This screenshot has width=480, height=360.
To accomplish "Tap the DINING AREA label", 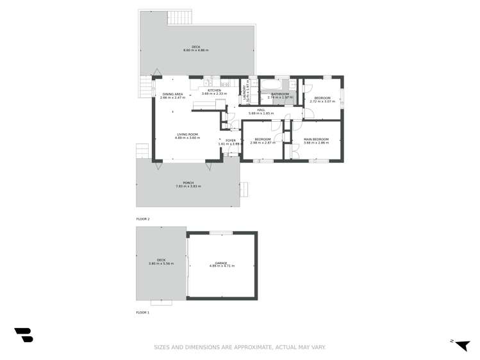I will point(173,95).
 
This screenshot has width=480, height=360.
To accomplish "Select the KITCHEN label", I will point(214,90).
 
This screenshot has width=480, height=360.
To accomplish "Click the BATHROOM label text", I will point(280,94).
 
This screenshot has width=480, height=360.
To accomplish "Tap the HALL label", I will point(261,110).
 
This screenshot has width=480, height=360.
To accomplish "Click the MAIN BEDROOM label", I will point(316,140).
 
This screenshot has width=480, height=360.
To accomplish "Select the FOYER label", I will point(231,140).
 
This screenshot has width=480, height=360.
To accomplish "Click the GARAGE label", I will point(222,263).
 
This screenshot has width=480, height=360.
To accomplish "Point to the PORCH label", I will point(188,183).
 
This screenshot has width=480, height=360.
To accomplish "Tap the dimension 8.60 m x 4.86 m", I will point(196,51).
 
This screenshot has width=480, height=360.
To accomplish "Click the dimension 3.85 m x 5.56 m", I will point(161,263).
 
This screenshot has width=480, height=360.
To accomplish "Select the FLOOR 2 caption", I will point(142,219).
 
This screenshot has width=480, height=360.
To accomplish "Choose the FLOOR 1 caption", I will point(142,312).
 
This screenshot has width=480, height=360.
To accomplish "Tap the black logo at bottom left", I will point(23,334).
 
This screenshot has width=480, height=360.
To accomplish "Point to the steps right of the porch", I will point(244,189).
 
